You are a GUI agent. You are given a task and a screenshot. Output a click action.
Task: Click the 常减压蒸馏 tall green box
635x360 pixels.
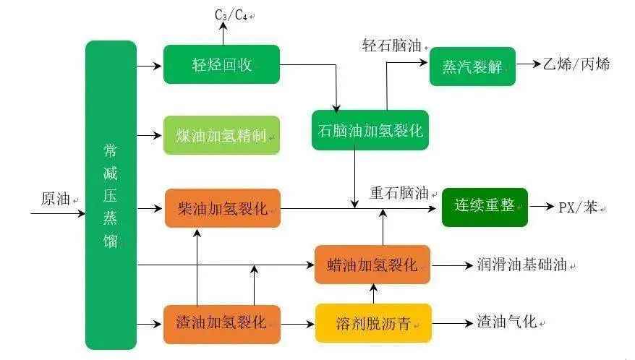point(111,195)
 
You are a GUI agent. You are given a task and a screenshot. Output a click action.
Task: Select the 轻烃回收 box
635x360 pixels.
point(221,64)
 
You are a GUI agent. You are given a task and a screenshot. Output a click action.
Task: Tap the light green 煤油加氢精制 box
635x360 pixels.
point(221,135)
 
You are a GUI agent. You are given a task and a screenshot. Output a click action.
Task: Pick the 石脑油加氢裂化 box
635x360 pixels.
point(370,130)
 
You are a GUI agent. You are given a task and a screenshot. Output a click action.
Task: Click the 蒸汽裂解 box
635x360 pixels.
point(472,66)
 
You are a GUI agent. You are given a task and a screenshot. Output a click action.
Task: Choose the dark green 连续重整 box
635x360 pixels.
point(485,207)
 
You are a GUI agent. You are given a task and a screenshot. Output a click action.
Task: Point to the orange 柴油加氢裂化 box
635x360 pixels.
point(222,208)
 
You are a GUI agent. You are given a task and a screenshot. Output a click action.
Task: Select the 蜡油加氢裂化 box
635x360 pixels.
point(372,265)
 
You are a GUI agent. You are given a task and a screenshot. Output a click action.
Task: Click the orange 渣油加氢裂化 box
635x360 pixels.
point(222,323)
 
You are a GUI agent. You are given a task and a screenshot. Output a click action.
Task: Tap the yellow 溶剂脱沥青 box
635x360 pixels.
point(373,323)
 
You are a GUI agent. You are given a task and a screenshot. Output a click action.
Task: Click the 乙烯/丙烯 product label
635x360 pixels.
point(576,64)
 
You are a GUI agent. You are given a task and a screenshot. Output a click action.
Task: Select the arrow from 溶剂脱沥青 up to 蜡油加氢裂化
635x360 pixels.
point(373,293)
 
